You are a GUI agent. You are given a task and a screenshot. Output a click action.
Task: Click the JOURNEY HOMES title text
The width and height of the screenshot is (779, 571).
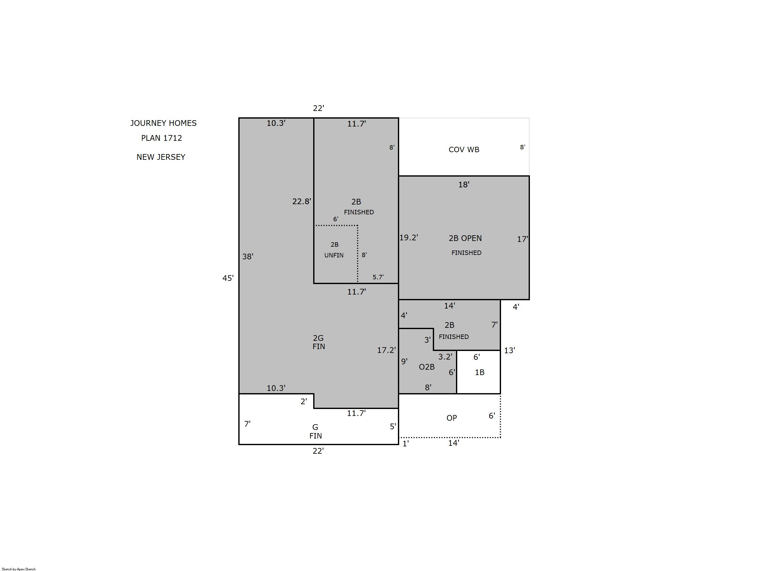click(x=163, y=123)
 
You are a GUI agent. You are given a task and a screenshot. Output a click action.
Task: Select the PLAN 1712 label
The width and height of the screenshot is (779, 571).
click(x=162, y=138)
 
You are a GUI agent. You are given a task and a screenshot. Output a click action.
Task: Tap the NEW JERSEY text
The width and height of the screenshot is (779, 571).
click(x=161, y=157)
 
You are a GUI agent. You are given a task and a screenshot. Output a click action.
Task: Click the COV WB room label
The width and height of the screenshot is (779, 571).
click(x=464, y=150)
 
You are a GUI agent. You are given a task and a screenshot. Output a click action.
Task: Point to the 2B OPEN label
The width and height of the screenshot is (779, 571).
click(x=465, y=238)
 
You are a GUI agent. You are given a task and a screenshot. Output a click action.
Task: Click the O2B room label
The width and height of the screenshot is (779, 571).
click(x=426, y=367)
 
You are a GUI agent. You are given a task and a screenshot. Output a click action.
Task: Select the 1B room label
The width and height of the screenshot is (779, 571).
click(x=479, y=372)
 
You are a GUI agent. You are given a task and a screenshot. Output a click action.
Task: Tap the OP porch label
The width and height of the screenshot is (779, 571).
click(x=452, y=418)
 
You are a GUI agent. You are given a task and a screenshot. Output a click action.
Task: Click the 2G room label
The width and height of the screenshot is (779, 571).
click(x=318, y=338)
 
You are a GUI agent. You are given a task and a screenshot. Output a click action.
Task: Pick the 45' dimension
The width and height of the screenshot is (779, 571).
click(x=228, y=278)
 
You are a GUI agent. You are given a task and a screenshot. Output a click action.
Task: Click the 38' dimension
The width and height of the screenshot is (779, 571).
click(x=248, y=256)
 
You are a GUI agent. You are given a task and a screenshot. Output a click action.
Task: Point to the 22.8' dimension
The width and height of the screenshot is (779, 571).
click(x=302, y=201)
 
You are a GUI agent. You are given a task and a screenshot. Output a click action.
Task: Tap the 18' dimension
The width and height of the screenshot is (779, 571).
click(x=464, y=185)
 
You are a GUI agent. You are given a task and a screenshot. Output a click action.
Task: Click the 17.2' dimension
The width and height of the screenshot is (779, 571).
click(x=386, y=350)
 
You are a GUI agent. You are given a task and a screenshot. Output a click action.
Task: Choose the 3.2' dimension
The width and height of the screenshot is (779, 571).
click(x=445, y=357)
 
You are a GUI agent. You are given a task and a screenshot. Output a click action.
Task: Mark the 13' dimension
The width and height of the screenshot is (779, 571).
click(x=510, y=350)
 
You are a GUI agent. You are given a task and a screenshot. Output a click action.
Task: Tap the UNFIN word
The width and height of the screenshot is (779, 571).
click(x=334, y=256)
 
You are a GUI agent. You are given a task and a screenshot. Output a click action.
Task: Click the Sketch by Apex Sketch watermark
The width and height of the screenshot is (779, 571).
click(x=19, y=569)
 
